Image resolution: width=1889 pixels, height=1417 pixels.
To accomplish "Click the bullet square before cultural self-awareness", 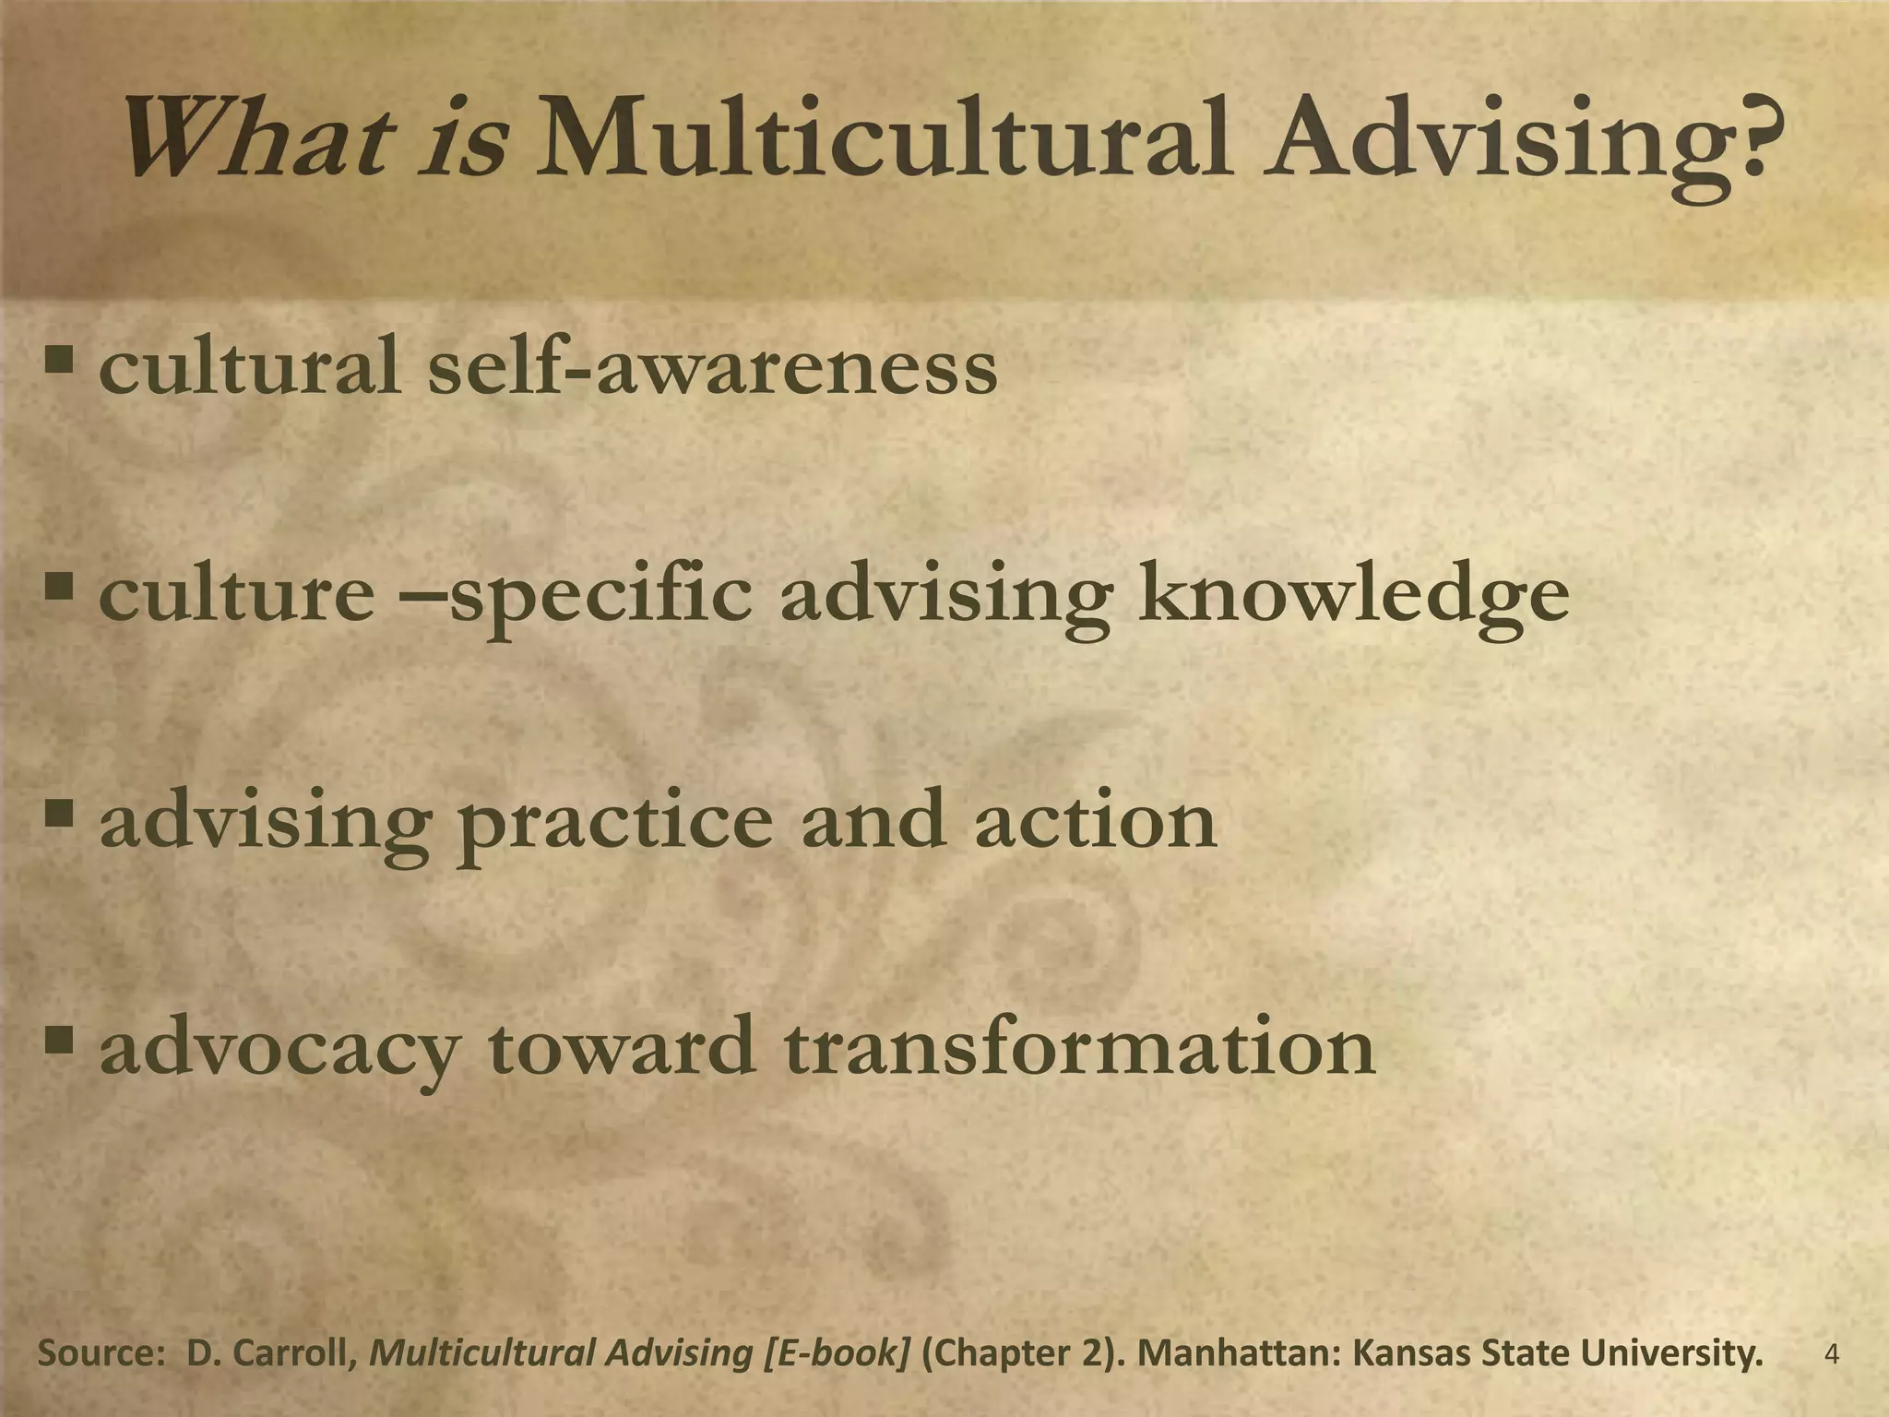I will coord(61,359).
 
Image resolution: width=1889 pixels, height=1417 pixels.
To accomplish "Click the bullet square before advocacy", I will coord(61,1040).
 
